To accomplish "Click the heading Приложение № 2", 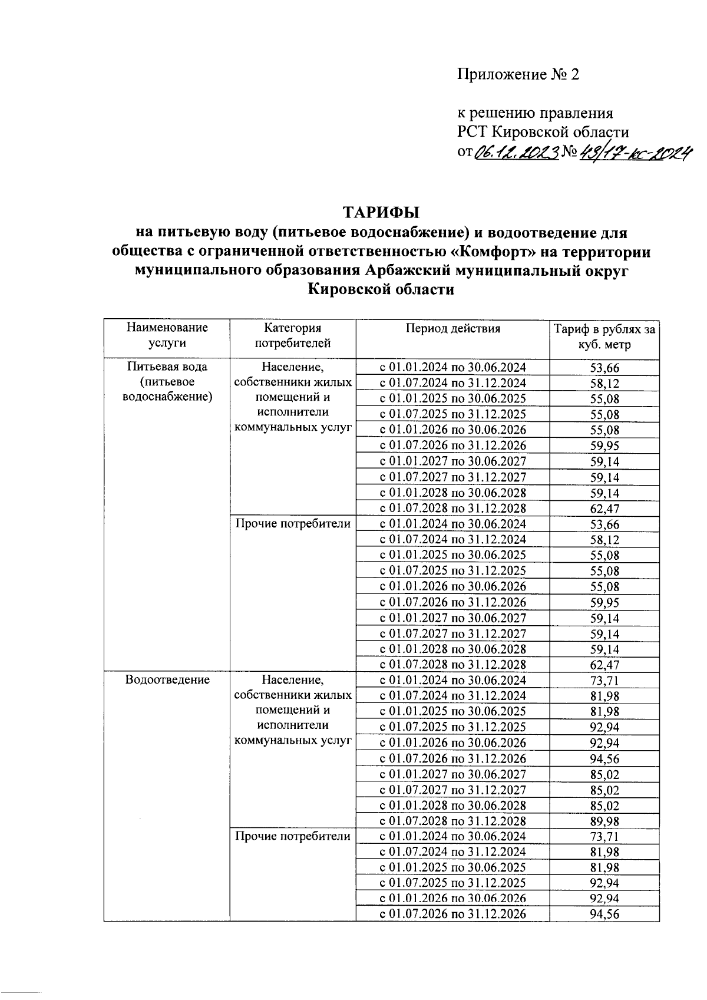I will point(518,75).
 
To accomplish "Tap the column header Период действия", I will point(452,329).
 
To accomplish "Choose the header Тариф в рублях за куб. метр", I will point(604,336).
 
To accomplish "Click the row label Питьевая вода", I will point(167,367).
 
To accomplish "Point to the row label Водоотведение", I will point(167,680).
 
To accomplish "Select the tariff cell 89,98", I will point(604,821).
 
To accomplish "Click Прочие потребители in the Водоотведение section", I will point(293,836).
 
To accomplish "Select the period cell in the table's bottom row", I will point(452,914).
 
